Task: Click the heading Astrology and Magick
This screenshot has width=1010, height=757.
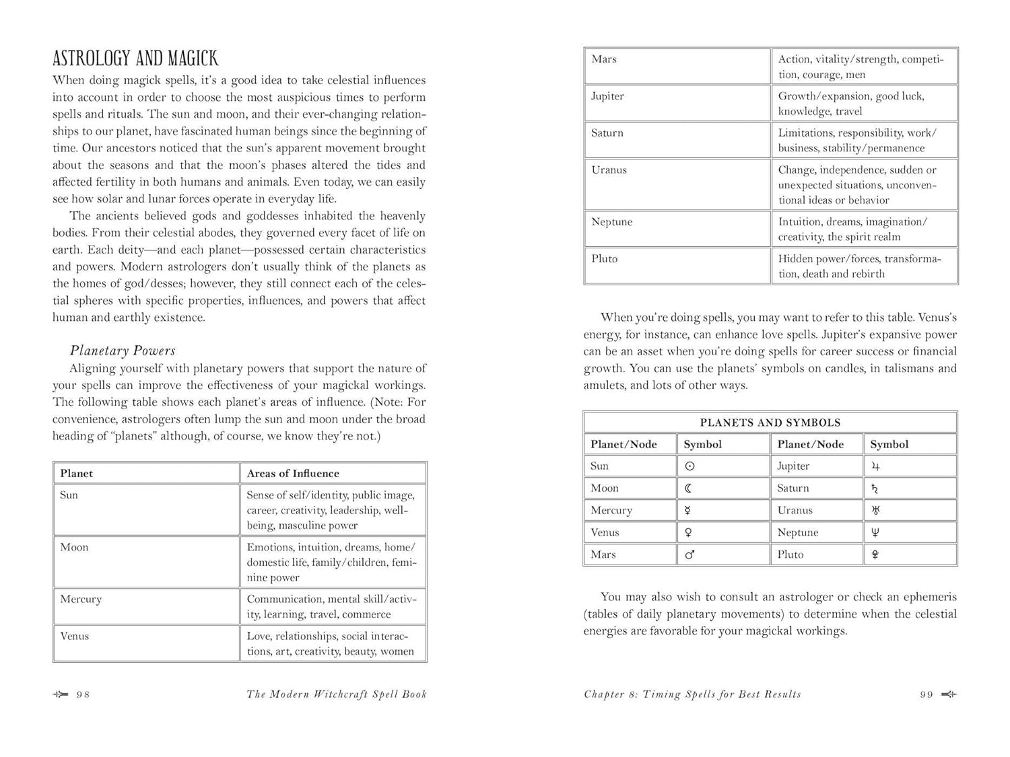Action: [x=135, y=59]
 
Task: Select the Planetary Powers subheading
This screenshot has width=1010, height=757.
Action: [x=123, y=351]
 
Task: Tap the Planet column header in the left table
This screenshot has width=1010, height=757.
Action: [x=77, y=473]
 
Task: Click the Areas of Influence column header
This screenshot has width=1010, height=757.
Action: [x=293, y=473]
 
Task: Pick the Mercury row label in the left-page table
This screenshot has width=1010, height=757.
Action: [x=81, y=599]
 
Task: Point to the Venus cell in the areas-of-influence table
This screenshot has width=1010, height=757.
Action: [x=74, y=636]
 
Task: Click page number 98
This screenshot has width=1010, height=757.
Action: [x=83, y=694]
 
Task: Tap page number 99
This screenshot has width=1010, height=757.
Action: [x=927, y=694]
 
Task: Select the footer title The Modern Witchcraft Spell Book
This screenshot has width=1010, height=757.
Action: [x=337, y=694]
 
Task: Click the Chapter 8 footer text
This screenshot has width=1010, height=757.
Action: [x=692, y=694]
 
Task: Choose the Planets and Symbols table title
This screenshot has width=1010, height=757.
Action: [x=770, y=423]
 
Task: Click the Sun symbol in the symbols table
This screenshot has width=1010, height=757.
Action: [x=689, y=466]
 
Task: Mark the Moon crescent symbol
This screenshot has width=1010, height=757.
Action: [x=688, y=489]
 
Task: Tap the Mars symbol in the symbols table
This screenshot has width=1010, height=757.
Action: [x=689, y=554]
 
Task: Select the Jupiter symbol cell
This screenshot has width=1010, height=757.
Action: [x=875, y=466]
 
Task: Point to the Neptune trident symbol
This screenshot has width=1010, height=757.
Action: [x=875, y=532]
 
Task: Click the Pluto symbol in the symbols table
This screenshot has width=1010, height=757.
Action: [x=875, y=554]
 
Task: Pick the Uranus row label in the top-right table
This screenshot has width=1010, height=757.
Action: [x=609, y=170]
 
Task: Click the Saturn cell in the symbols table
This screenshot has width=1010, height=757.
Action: [x=793, y=489]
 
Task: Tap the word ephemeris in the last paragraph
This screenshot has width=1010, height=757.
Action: [x=926, y=597]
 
